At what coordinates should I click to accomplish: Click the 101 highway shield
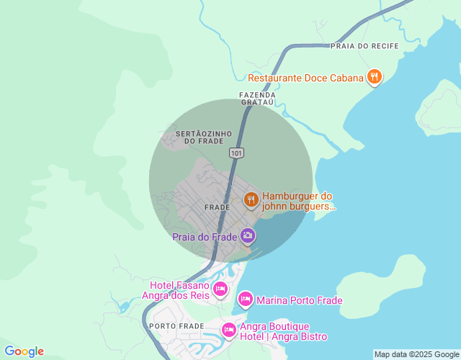point(237,153)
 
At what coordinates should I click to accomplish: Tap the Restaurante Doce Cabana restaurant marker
point(374,76)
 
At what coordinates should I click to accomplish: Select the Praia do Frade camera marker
point(248,235)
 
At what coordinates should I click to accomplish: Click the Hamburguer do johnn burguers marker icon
point(251,199)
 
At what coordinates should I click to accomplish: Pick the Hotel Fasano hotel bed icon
point(220,289)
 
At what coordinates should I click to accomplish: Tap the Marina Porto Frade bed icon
point(246,299)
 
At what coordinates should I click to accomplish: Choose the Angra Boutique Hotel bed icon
point(229,330)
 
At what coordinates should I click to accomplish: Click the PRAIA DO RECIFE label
point(364,46)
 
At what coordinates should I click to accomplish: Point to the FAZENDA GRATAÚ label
point(257,99)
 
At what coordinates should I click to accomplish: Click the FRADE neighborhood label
point(217,207)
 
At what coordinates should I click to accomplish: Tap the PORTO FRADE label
point(177,326)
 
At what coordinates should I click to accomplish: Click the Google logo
point(24,351)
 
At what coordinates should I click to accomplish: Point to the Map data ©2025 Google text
point(416,354)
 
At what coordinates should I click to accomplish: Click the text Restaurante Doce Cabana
point(305,78)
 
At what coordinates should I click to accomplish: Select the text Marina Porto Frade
point(299,300)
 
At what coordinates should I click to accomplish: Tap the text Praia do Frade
point(205,238)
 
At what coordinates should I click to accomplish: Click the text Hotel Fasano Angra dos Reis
point(179,290)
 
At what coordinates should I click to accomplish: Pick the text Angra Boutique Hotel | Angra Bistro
point(284,332)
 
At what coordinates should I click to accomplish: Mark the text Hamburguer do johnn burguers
point(299,201)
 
